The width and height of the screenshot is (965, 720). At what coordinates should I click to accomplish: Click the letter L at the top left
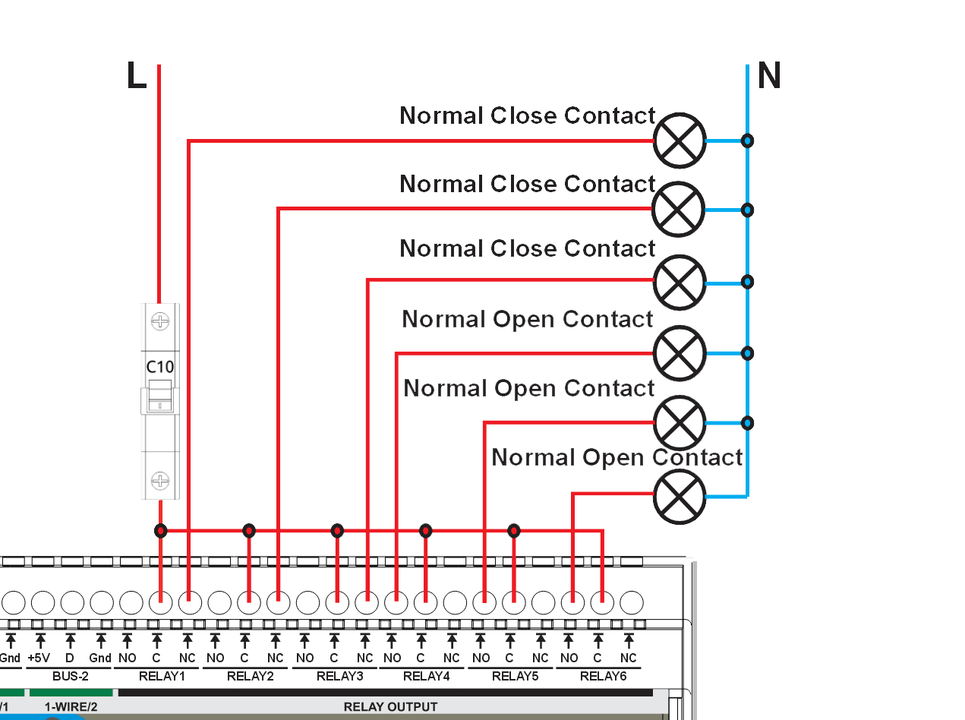coord(137,76)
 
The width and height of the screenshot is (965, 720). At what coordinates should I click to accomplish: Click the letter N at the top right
coord(769,76)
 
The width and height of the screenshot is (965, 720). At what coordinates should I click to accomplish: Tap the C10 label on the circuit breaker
coord(160,367)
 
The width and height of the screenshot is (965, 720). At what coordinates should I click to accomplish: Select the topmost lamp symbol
coord(680,141)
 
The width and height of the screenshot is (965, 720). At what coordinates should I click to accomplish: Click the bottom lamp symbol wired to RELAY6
coord(680,496)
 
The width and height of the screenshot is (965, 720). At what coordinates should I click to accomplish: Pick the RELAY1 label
coord(162,676)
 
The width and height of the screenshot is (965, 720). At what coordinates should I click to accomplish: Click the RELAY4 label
coord(426,676)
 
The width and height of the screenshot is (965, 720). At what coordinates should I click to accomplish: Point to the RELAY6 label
coord(603,676)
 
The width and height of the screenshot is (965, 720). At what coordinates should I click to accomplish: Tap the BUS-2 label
coord(71,676)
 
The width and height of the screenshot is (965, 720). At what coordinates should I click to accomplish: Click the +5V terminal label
coord(39,658)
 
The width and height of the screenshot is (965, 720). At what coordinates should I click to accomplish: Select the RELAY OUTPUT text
coord(390,707)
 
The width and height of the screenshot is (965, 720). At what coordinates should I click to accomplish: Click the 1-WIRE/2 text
coord(71,707)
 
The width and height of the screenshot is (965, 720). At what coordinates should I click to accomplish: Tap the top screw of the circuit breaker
coord(160,321)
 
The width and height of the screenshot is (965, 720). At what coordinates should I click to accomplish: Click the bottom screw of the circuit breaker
coord(160,480)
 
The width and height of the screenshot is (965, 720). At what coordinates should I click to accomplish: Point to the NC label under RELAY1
coord(187,658)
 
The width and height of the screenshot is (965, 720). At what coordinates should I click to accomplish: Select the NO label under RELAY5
coord(481,658)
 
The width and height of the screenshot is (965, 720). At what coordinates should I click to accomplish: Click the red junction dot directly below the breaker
coord(160,530)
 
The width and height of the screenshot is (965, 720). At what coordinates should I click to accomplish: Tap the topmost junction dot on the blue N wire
coord(748,141)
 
